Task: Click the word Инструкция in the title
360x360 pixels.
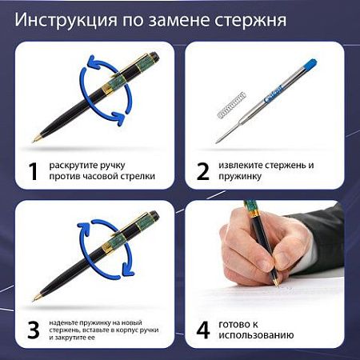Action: [x=66, y=20]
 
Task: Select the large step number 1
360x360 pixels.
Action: [x=33, y=171]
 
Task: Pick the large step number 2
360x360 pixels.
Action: [x=203, y=171]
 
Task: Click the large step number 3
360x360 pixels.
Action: [x=34, y=330]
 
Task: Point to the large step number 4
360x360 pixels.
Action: [x=203, y=330]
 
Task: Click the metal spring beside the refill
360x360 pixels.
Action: [x=232, y=105]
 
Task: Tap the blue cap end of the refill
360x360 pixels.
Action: [x=310, y=64]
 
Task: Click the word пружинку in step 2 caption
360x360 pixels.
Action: [x=240, y=177]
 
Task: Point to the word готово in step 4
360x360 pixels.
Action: [x=234, y=325]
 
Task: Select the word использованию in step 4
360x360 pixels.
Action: [x=256, y=335]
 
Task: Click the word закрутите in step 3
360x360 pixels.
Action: [x=70, y=338]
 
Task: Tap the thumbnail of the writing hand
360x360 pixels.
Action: [x=264, y=274]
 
